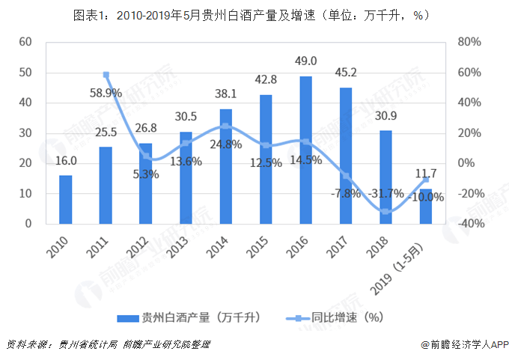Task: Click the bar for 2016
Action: (306, 150)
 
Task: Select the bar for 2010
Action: (66, 199)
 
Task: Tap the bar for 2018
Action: (385, 177)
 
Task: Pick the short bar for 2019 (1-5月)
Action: (425, 206)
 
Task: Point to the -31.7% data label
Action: (386, 193)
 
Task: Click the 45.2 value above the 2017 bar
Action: (346, 73)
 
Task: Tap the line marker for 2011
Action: (106, 75)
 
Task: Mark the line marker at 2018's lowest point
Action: (385, 212)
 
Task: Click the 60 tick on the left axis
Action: (24, 42)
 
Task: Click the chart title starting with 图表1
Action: (254, 14)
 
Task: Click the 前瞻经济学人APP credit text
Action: (465, 345)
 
